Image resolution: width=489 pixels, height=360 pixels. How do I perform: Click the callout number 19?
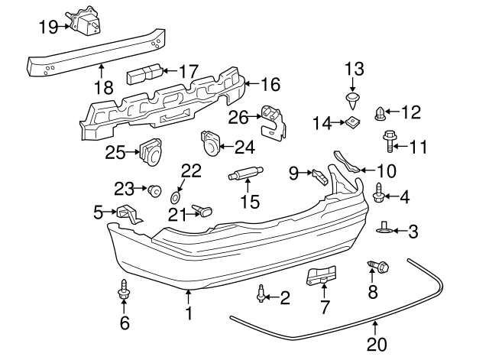pos(48,27)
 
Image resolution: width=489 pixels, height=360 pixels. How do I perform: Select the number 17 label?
pos(189,71)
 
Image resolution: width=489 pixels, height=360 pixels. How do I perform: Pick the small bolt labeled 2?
pos(262,293)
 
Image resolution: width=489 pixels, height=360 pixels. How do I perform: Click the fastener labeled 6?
pos(124,290)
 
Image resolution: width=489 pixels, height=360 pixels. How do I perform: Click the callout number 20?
pos(376,345)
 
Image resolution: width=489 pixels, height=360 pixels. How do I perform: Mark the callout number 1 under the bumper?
pos(188,313)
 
